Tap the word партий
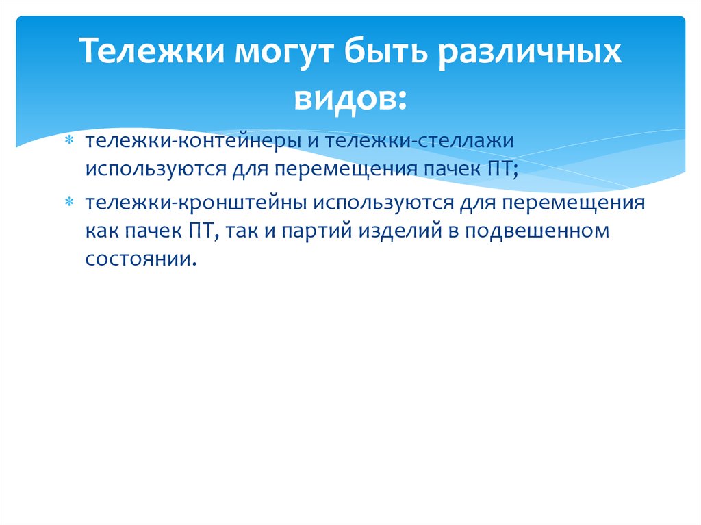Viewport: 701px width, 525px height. (x=323, y=231)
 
